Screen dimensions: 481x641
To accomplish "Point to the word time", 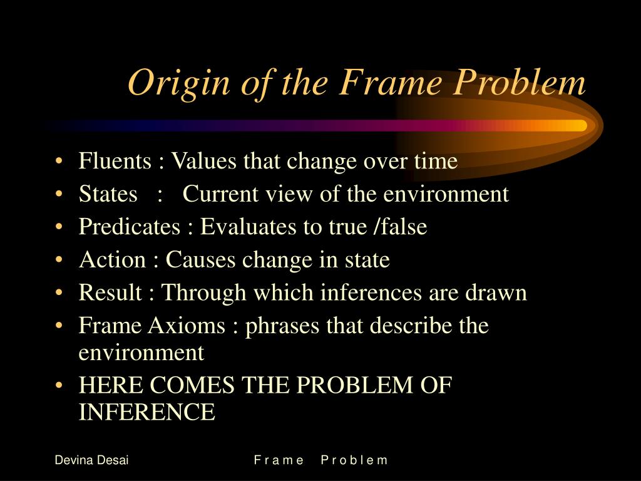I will coord(436,162).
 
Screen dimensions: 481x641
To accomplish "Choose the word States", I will coord(108,194).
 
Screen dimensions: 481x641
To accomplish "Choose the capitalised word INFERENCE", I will coord(146,412).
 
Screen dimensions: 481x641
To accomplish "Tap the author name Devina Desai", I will coord(91,460).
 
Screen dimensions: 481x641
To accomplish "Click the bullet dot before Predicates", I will coord(59,227).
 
